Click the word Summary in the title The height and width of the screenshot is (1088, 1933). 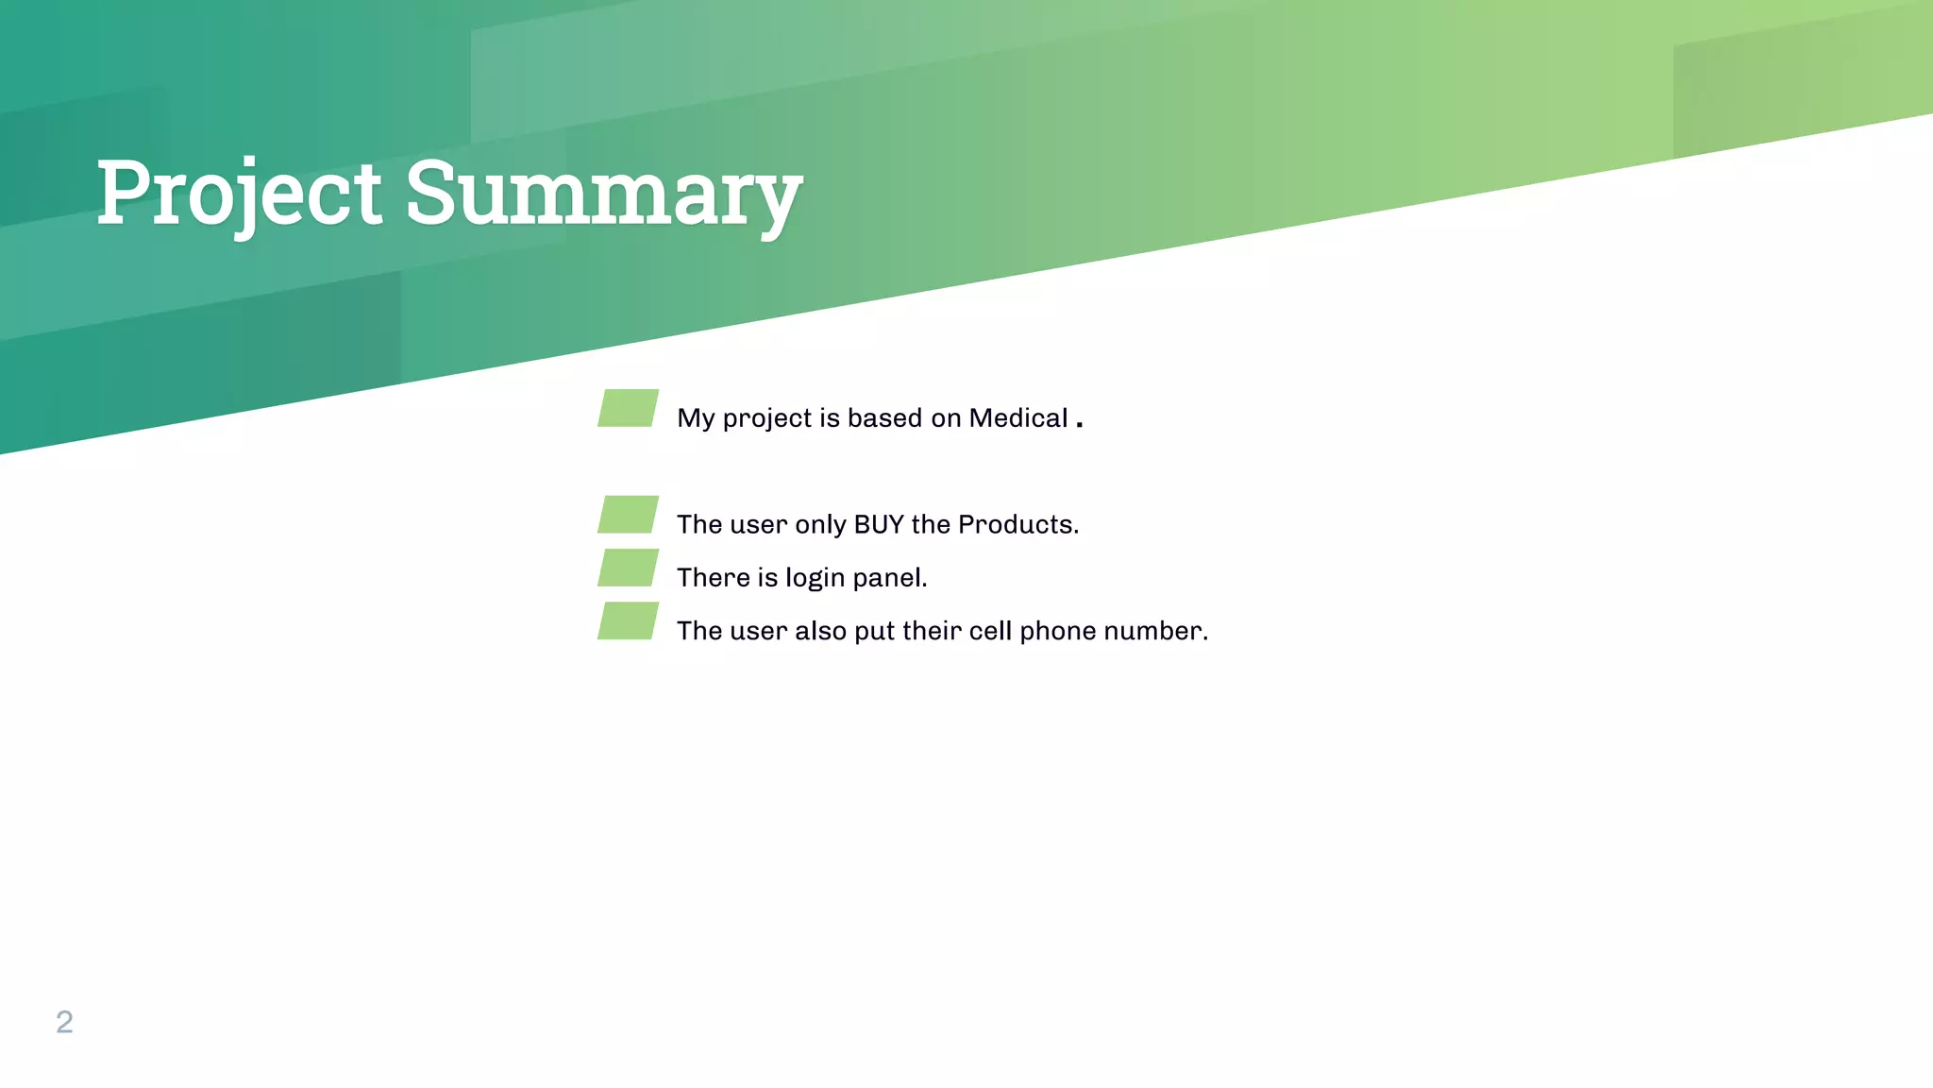coord(604,194)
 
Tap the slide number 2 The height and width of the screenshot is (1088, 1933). coord(64,1022)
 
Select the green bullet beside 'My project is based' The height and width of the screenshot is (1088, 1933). coord(628,408)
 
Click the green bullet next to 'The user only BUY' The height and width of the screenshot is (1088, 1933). coord(628,515)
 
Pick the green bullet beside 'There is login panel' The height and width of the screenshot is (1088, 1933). coord(628,568)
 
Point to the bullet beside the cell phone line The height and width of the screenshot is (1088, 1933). coord(628,620)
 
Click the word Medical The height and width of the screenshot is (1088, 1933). coord(1017,417)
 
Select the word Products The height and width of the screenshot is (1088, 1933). coord(1017,524)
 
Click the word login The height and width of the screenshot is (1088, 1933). coord(815,578)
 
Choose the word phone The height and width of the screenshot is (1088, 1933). coord(1058,631)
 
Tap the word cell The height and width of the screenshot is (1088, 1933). coord(991,631)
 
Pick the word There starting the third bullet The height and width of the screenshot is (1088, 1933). coord(713,577)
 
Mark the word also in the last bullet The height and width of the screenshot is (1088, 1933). coord(820,631)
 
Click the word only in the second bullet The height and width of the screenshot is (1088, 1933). coord(819,525)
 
